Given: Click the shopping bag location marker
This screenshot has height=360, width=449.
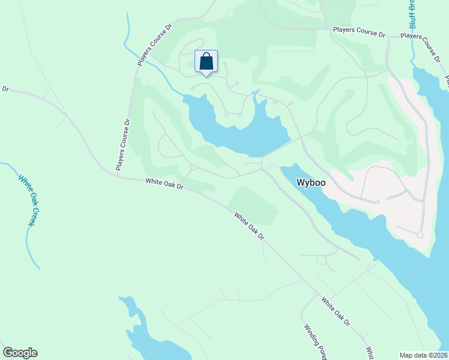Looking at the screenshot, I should click(206, 62).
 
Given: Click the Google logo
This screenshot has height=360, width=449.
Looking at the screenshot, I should click(20, 353).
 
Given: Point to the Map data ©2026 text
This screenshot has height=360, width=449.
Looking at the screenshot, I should click(423, 355).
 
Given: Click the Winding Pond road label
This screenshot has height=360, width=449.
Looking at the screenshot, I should click(315, 341).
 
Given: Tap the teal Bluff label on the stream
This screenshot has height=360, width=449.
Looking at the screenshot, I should click(413, 13).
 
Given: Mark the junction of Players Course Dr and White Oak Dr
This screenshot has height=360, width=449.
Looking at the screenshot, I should click(116, 176).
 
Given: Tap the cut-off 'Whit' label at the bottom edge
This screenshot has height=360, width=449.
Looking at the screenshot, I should click(370, 353).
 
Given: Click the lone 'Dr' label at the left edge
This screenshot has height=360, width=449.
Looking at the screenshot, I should click(5, 89).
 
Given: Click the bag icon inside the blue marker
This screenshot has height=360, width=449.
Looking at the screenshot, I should click(206, 61).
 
